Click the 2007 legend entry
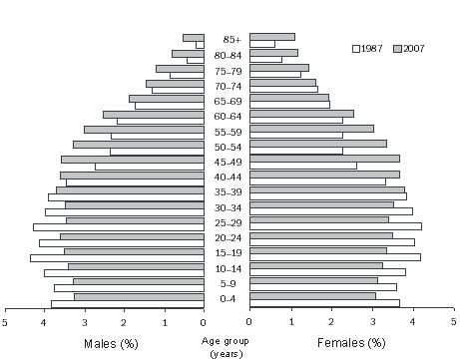click(x=411, y=48)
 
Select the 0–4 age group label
click(x=227, y=299)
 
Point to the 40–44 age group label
click(x=227, y=178)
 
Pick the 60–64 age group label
click(x=227, y=117)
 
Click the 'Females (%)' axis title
click(x=350, y=343)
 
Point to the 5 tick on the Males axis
click(x=5, y=322)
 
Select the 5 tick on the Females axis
click(x=453, y=322)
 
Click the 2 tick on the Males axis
click(x=125, y=322)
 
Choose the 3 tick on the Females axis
click(x=371, y=322)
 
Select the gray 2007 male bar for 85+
click(x=194, y=38)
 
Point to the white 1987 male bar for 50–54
click(x=157, y=152)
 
